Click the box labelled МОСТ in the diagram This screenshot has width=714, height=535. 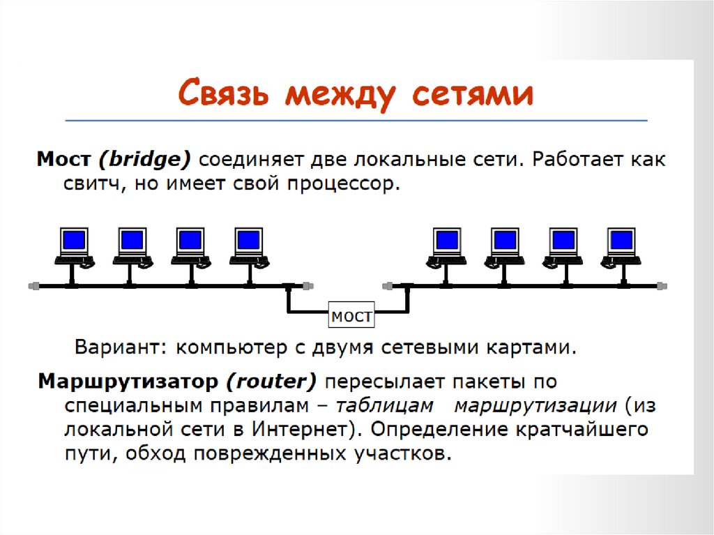[x=351, y=317]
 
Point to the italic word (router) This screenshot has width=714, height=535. [x=271, y=382]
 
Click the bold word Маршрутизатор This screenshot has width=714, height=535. [x=127, y=382]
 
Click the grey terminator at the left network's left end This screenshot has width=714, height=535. [x=33, y=285]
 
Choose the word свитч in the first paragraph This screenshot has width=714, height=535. [x=79, y=186]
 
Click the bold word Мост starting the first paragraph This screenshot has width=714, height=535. [x=63, y=160]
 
